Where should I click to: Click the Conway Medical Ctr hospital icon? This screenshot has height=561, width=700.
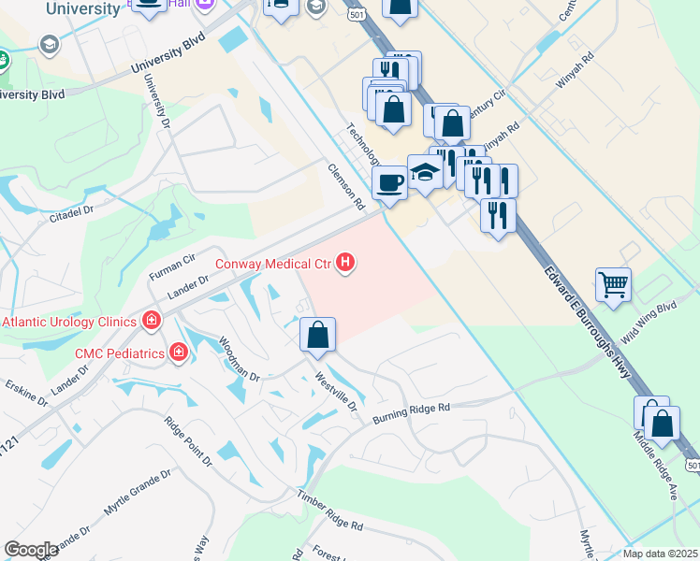pos(345,264)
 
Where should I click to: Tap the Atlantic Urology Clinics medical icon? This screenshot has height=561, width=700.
pos(152,322)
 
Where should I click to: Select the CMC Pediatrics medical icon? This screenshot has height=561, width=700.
pos(178,352)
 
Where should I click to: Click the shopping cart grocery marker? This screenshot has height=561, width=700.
pos(613,283)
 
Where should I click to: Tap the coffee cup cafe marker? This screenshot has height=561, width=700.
pos(388,182)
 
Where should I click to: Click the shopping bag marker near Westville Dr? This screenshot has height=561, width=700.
pos(318,334)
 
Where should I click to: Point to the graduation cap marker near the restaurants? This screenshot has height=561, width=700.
pos(425,172)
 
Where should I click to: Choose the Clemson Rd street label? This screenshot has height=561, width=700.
pos(344,187)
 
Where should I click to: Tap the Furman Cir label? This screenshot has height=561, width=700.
pos(171,269)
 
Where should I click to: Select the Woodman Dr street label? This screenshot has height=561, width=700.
pos(240,359)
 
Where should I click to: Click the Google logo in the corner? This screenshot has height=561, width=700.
pos(30,550)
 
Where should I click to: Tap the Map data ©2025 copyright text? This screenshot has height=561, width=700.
pos(661,554)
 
